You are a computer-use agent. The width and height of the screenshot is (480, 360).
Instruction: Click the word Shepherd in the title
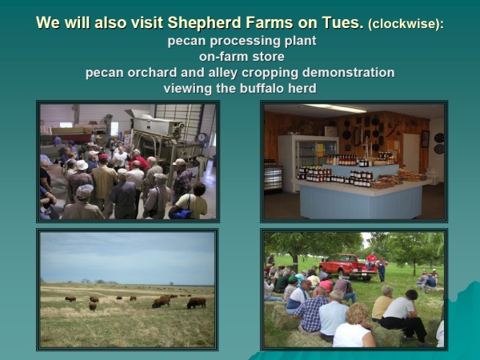coord(204,23)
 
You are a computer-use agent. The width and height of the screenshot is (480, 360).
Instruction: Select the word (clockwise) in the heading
coord(406,24)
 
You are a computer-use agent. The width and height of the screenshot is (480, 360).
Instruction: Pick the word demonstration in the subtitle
coord(348,73)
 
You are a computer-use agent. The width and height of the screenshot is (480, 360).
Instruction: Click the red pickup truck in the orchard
coord(347,266)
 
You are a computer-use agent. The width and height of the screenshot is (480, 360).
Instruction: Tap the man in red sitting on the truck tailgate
coord(371,261)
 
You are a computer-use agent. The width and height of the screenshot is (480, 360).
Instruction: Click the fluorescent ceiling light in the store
coord(334,108)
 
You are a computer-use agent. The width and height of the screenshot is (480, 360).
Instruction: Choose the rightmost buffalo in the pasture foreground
coord(197,302)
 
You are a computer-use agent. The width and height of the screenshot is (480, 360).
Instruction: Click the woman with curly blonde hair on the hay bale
coord(355,326)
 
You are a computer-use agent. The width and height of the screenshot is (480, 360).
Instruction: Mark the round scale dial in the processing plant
coord(202,138)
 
